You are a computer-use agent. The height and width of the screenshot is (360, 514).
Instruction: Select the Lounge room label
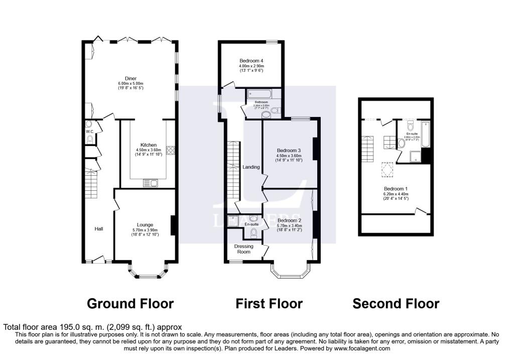tap(145, 224)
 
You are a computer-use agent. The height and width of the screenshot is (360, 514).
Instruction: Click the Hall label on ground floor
tap(99, 229)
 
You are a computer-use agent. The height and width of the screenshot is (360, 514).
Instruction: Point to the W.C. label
tap(89, 132)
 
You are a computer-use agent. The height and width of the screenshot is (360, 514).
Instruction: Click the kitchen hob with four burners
tap(170, 149)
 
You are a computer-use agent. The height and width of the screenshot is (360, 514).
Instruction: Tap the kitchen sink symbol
tap(150, 183)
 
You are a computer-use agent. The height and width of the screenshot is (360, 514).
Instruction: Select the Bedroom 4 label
tap(251, 61)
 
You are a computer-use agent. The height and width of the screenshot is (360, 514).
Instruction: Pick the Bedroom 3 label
tap(289, 151)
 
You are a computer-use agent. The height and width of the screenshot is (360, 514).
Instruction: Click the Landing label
tap(250, 167)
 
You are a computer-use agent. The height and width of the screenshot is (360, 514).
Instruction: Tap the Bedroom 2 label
tap(289, 220)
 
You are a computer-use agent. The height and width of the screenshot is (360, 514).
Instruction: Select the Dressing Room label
tap(244, 249)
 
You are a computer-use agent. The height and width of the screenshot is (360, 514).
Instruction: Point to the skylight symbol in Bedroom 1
tap(386, 170)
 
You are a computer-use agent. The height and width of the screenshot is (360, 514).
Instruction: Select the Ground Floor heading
tap(130, 304)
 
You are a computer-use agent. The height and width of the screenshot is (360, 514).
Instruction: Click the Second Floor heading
tap(396, 304)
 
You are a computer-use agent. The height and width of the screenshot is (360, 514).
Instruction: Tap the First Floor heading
tap(269, 304)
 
